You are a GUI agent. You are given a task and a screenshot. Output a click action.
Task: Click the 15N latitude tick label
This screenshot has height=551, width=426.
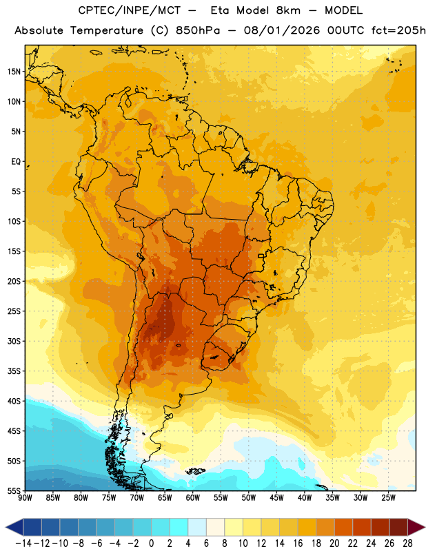[14, 72]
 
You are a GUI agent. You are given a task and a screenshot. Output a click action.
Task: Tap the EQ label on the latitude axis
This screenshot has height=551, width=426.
[16, 162]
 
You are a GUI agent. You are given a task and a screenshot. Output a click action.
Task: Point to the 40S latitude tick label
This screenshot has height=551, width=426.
[14, 401]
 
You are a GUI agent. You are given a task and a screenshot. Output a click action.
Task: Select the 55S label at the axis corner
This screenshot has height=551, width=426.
[14, 490]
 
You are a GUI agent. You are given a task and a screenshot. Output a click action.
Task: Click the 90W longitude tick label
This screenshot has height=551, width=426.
[25, 497]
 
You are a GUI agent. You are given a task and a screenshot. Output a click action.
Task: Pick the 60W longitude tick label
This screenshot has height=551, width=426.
[193, 497]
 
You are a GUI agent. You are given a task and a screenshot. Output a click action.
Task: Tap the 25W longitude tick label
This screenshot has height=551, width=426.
[388, 497]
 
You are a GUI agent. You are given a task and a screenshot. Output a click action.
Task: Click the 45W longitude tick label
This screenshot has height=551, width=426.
[277, 497]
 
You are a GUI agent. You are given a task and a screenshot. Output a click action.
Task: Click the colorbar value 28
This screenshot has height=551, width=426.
[407, 543]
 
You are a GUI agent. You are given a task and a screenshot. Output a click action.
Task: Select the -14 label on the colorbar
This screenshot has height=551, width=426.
[24, 543]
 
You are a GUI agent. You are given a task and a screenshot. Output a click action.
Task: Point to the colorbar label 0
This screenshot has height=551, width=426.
[151, 543]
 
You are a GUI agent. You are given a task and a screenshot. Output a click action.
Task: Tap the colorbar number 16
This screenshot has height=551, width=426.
[298, 543]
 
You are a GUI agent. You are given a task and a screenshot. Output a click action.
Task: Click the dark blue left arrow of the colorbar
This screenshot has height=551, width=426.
[14, 528]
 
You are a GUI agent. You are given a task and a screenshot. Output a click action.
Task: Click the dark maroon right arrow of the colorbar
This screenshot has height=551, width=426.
[416, 528]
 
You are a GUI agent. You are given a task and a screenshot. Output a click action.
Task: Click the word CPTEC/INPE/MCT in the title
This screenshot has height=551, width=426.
[130, 10]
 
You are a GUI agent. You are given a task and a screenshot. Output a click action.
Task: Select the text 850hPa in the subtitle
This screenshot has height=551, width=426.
[198, 30]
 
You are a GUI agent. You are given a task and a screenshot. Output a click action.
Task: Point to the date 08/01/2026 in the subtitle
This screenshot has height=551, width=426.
[282, 30]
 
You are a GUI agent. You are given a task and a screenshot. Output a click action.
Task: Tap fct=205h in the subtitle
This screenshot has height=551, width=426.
[398, 30]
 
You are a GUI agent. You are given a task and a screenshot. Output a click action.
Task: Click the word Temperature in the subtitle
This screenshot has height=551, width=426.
[107, 31]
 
